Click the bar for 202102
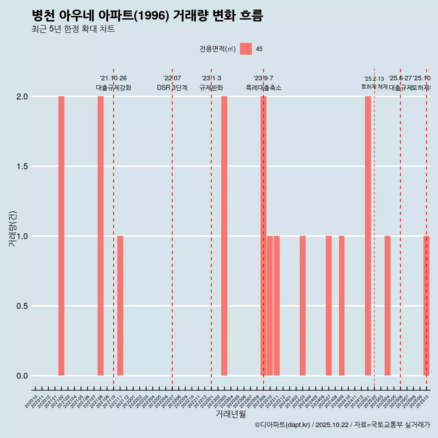point(61,236)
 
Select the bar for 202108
point(100,236)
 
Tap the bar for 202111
point(120,306)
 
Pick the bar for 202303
point(224,236)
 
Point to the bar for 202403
point(302,306)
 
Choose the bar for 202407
point(328,306)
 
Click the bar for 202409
point(342,306)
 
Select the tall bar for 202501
point(368,236)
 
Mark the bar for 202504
point(387,306)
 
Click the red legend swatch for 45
point(246,49)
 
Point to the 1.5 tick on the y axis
point(22,167)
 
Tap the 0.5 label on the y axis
point(22,306)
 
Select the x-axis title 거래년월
point(230,414)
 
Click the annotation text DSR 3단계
point(172,88)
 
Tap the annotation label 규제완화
point(211,88)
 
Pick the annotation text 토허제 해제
point(374,87)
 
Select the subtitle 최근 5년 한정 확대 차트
point(73,29)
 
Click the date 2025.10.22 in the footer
point(332,425)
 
